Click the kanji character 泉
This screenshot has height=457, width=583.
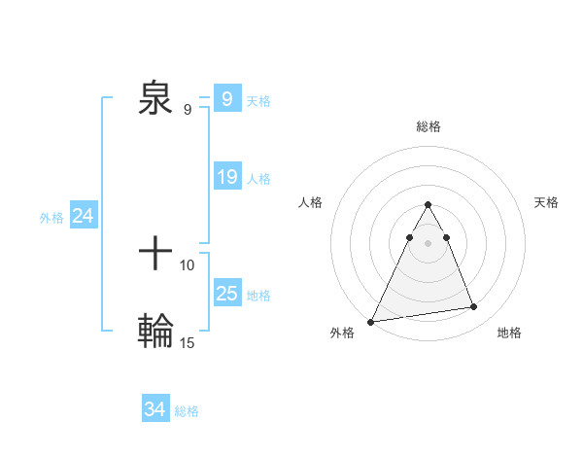pos(155,99)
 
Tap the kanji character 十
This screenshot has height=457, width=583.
pos(155,255)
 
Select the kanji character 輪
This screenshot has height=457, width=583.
pos(155,331)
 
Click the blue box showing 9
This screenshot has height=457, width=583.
pos(226,99)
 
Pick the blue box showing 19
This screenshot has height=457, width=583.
pos(226,177)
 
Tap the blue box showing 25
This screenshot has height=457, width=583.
pos(226,294)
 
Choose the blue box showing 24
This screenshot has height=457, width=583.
pos(84,216)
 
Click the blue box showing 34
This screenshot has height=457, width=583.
pos(154,410)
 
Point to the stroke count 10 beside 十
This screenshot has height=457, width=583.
pos(188,264)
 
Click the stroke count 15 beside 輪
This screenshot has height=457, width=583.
pos(188,342)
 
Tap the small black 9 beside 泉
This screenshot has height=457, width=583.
pos(188,110)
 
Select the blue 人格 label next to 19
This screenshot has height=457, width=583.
pos(258,179)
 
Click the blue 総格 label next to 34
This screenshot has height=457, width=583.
pos(187,411)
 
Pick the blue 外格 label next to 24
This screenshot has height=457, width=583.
pos(51,218)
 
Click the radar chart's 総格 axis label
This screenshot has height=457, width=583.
pos(428,126)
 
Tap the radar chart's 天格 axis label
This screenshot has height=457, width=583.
pos(547,202)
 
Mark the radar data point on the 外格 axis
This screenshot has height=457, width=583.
pos(371,322)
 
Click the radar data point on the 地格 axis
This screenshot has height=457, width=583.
pos(474,307)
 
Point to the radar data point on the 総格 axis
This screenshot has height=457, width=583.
pos(428,205)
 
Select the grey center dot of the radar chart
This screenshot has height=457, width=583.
pos(428,243)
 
